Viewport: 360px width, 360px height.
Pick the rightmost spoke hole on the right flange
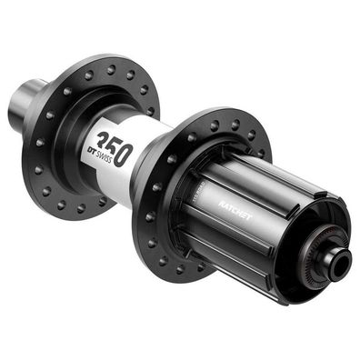pos(265,153)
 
